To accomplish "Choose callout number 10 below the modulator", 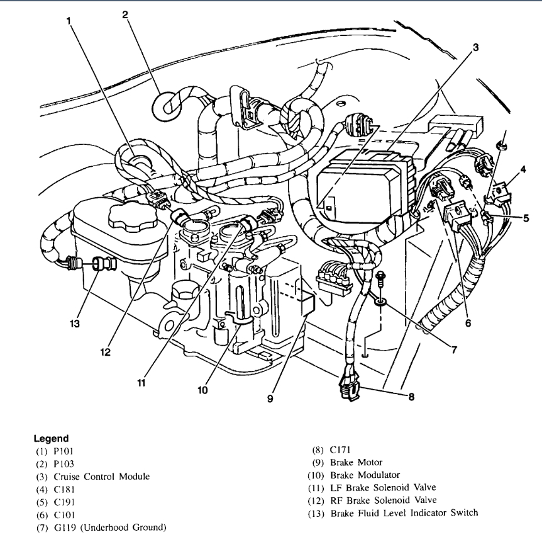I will tap(202, 390).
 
